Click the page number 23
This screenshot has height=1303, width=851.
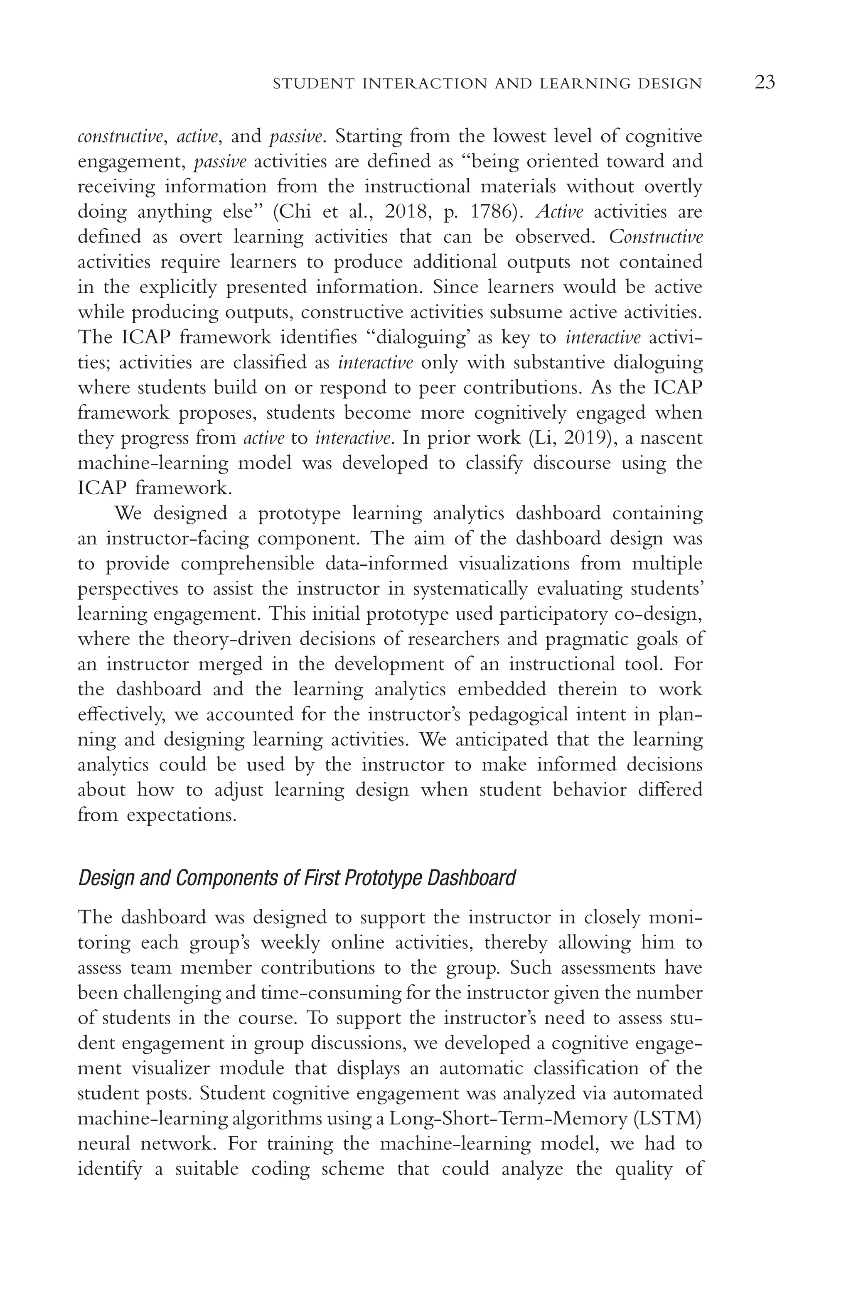pos(765,83)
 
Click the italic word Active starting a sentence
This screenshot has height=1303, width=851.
pos(559,211)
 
